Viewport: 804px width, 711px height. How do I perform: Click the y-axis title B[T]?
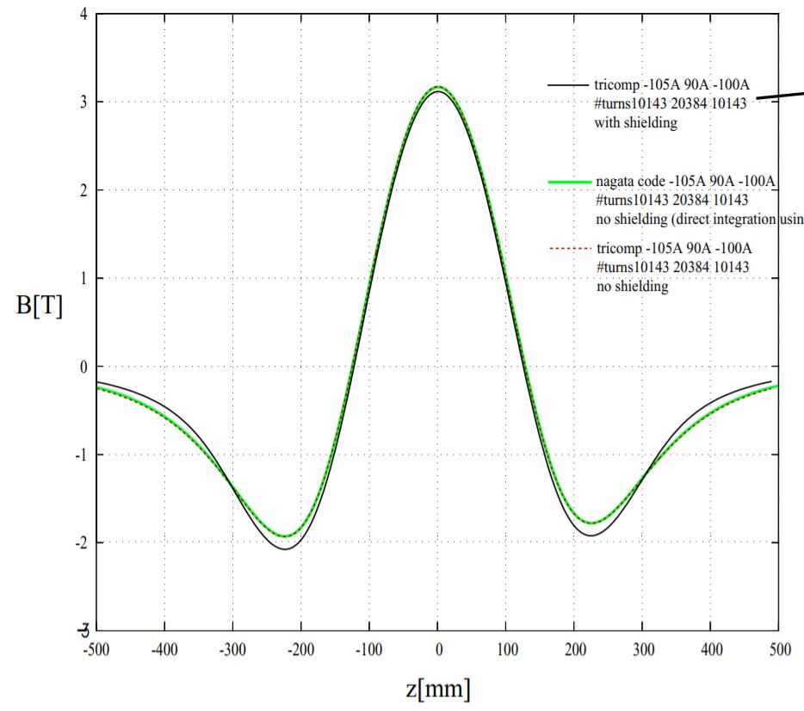click(39, 307)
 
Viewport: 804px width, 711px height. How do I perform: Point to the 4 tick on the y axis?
click(83, 15)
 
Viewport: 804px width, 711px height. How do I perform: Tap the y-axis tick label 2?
click(83, 190)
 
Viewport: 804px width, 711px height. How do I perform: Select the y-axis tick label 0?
click(83, 367)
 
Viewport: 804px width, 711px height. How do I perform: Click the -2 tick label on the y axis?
click(80, 542)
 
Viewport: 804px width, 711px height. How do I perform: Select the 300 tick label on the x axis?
click(642, 646)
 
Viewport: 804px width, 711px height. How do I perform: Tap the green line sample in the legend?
click(569, 182)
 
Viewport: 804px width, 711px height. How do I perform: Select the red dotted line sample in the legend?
click(569, 249)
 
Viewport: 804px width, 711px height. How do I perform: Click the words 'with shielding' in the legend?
click(635, 123)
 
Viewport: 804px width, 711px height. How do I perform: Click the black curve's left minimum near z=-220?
click(284, 549)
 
